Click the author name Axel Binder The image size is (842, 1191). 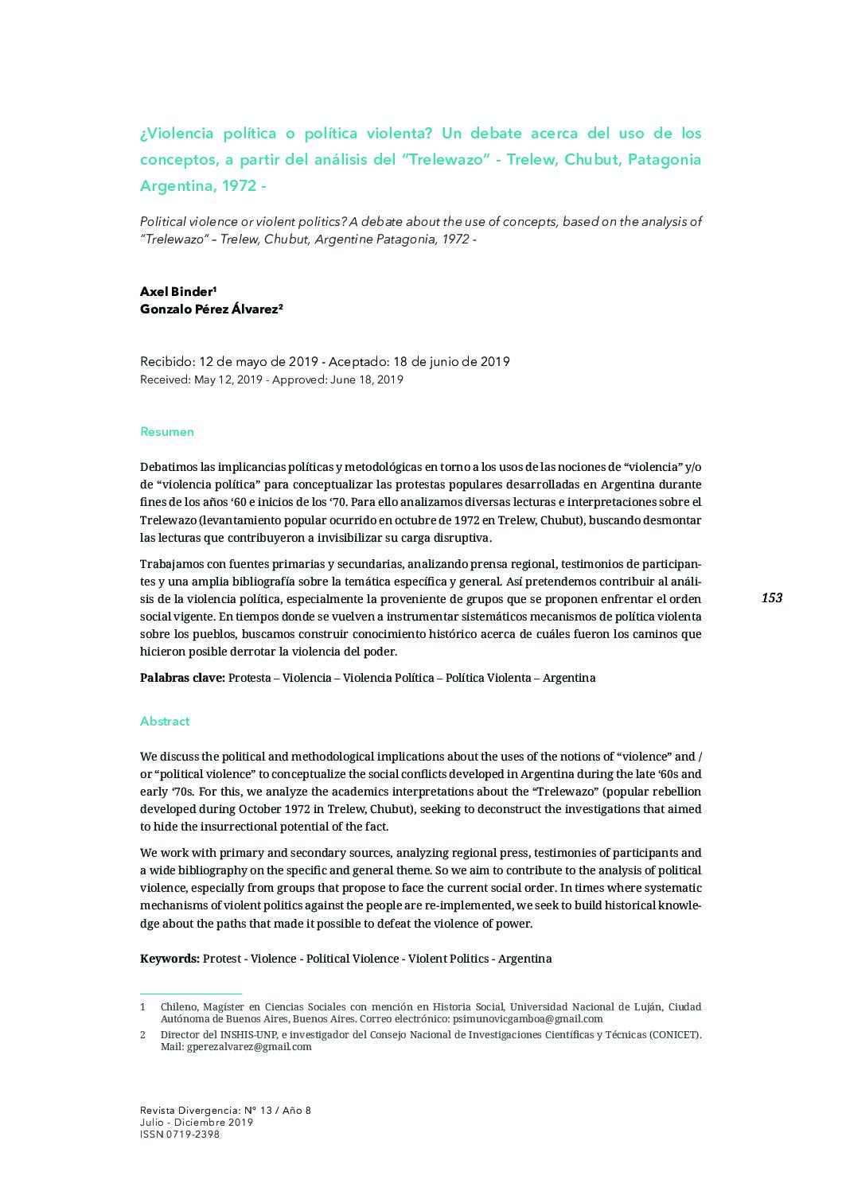tap(177, 291)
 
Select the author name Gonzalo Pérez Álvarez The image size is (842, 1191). tap(210, 309)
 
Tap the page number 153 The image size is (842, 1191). tap(771, 597)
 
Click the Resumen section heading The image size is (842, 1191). tap(167, 432)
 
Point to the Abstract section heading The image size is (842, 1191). tap(165, 722)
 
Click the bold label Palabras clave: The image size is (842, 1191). tap(182, 678)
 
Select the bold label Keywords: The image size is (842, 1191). tap(170, 958)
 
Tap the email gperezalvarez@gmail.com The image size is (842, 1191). tap(249, 1047)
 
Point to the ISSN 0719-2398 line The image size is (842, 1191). tap(180, 1135)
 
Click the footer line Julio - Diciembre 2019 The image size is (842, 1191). tap(197, 1123)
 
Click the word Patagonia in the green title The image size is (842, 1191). tap(665, 159)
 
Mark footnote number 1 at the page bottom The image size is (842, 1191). tap(143, 1006)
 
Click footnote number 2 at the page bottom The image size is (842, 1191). tap(143, 1035)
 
